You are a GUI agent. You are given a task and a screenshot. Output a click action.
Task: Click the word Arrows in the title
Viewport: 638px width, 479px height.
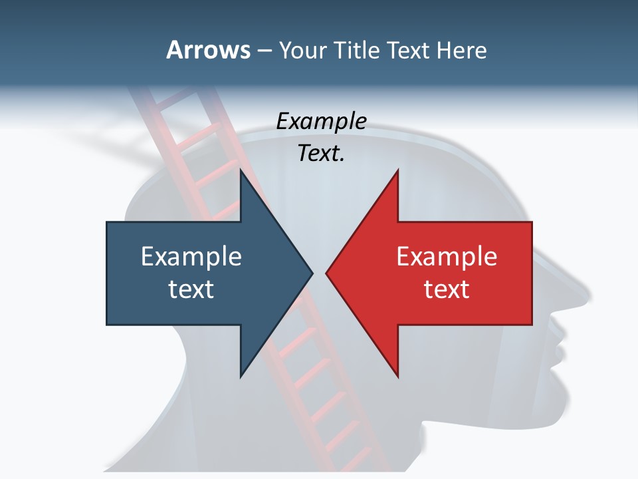pos(208,50)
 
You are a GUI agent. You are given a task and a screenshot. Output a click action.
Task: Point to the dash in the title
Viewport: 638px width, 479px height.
pos(264,51)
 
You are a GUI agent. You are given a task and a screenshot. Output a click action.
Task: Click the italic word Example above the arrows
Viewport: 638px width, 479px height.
pos(321,121)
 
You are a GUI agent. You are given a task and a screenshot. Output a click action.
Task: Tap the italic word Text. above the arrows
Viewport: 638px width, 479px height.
pos(321,154)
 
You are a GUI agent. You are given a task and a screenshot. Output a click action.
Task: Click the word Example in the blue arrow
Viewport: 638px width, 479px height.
pos(191,256)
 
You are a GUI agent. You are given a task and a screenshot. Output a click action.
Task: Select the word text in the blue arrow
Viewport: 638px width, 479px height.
pos(191,289)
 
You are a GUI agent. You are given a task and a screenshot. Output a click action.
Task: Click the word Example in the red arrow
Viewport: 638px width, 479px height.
pos(447,256)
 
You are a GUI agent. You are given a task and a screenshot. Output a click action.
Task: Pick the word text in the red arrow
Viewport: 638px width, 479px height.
pos(447,289)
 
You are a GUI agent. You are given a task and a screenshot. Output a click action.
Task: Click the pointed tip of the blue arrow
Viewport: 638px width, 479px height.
pos(312,273)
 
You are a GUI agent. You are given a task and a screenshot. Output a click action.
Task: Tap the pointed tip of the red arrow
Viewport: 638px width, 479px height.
pos(326,273)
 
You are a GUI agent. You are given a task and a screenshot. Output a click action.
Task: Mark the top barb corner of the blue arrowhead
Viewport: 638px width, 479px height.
pos(240,170)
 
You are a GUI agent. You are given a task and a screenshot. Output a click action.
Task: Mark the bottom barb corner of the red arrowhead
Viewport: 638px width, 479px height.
pos(398,377)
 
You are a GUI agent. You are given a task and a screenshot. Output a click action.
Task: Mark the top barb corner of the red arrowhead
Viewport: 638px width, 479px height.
pos(398,170)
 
